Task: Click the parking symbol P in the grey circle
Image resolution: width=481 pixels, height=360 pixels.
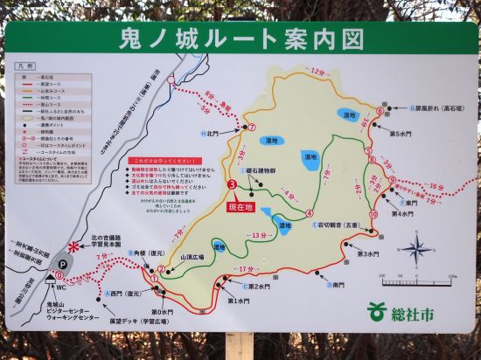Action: pyautogui.click(x=62, y=264)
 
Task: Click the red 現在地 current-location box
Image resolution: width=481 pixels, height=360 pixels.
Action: pyautogui.click(x=240, y=207)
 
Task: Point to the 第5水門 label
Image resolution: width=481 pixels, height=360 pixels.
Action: pyautogui.click(x=400, y=134)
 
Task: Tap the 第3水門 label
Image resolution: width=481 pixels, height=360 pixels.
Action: pyautogui.click(x=367, y=254)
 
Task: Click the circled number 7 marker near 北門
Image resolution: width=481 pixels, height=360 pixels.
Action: pyautogui.click(x=251, y=128)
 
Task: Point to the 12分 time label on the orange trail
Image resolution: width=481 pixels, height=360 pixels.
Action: pyautogui.click(x=316, y=70)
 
